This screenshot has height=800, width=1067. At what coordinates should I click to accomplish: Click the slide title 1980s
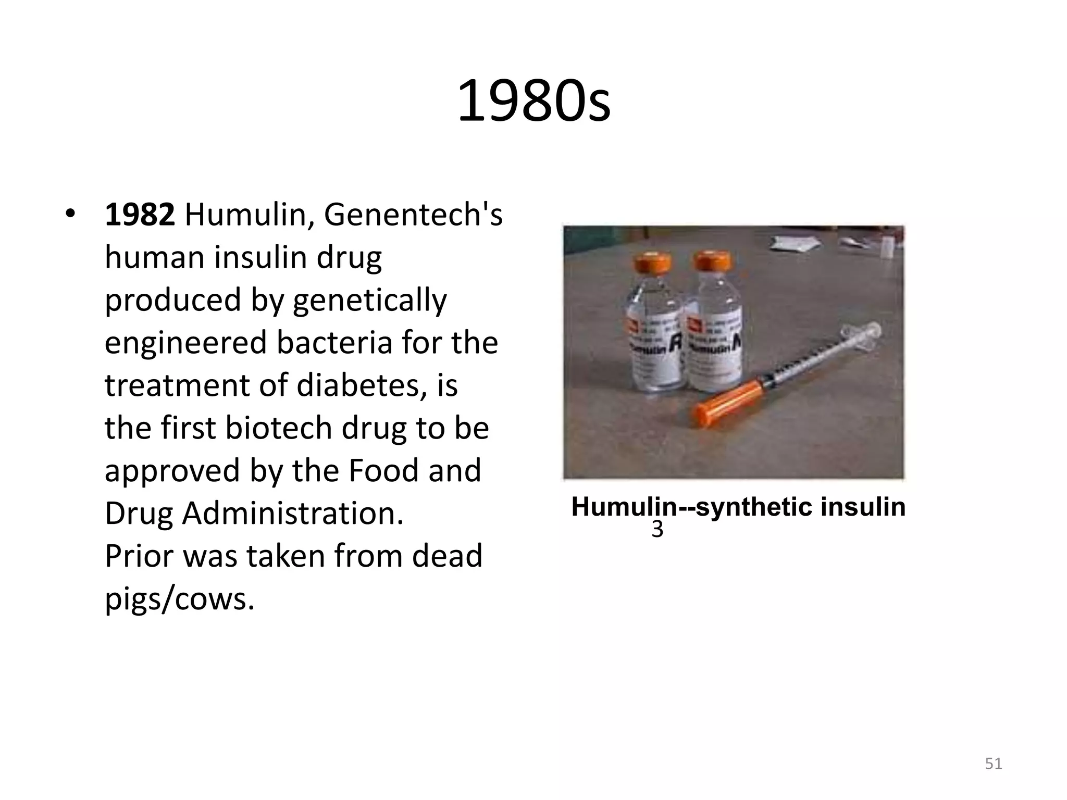tap(533, 101)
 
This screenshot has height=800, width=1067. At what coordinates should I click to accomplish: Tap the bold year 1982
tap(140, 215)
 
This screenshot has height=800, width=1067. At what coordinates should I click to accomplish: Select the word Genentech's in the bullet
tap(413, 215)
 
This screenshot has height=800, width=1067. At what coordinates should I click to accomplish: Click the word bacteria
tap(334, 343)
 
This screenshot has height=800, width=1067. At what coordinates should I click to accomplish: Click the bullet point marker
tap(71, 215)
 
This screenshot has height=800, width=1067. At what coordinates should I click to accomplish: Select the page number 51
tap(994, 764)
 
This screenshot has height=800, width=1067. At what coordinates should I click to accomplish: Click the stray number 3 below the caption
tap(657, 530)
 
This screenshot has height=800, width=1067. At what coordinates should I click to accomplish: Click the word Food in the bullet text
tap(383, 471)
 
